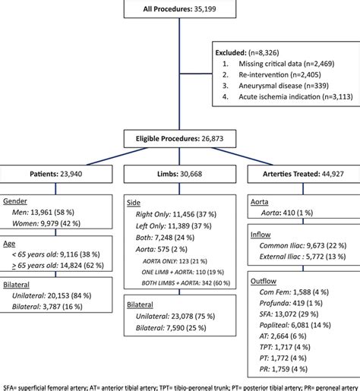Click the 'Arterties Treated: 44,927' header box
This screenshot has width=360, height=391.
(x=304, y=173)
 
